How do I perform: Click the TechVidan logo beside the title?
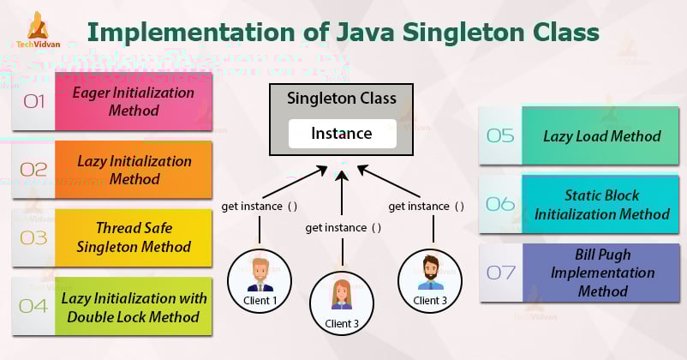[x=39, y=33]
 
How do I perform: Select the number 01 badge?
[x=34, y=101]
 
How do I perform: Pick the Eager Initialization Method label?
[x=134, y=101]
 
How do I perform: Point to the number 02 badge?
[x=34, y=170]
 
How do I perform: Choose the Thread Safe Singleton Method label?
[x=134, y=238]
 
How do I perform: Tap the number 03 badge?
[x=34, y=238]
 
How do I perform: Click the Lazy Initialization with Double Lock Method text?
[x=134, y=308]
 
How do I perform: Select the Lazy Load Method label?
[x=601, y=135]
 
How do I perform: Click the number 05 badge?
[x=500, y=135]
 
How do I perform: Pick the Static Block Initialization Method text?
[x=601, y=204]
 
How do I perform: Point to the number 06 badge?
[x=500, y=204]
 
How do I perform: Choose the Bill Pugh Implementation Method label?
[x=601, y=273]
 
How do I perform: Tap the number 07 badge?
[x=500, y=273]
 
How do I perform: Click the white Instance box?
[x=342, y=133]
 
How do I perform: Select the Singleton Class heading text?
[x=342, y=99]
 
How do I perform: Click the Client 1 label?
[x=260, y=301]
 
